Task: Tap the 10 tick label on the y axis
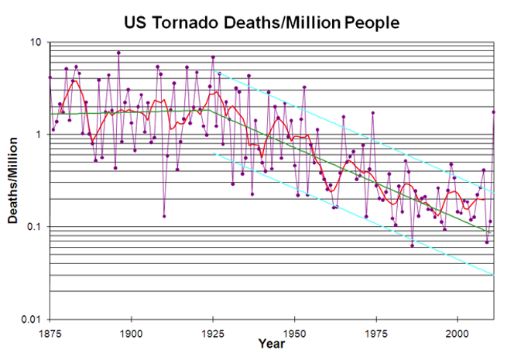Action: click(x=34, y=42)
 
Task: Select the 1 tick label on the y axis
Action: click(x=38, y=134)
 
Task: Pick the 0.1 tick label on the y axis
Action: click(x=33, y=227)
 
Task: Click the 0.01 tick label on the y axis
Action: click(x=31, y=319)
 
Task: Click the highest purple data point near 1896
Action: click(x=118, y=53)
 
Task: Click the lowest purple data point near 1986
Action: click(x=412, y=245)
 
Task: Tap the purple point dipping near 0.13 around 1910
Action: click(x=164, y=216)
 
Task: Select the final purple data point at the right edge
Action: click(x=494, y=111)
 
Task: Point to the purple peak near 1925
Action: click(x=213, y=57)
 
